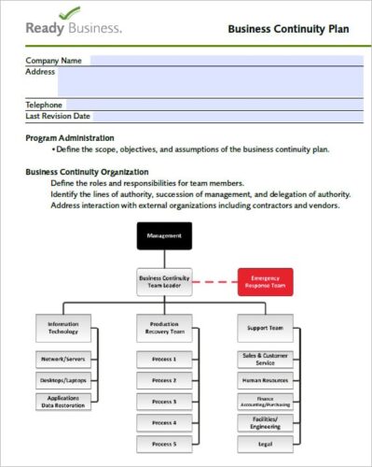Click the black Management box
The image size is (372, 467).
click(164, 235)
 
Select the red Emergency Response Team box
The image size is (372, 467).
click(266, 281)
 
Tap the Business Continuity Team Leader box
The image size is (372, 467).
click(164, 281)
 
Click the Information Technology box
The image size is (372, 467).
click(64, 328)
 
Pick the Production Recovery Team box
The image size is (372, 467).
click(164, 328)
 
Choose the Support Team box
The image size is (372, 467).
click(265, 328)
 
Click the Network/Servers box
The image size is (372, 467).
click(64, 359)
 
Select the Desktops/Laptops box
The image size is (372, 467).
click(64, 380)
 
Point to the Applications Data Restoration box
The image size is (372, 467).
click(64, 402)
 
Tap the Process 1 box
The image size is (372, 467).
click(164, 359)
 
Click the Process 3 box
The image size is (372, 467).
click(164, 402)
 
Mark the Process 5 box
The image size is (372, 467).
click(164, 444)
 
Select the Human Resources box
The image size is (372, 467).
click(265, 380)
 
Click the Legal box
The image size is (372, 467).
click(265, 444)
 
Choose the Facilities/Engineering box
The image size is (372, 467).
click(265, 422)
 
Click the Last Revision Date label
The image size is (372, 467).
click(58, 117)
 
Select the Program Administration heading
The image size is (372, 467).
click(83, 137)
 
